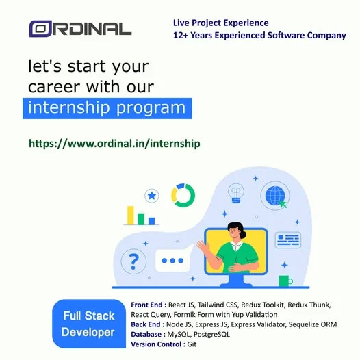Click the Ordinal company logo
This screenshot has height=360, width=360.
pos(80,29)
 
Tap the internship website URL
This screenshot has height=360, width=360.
pos(114,144)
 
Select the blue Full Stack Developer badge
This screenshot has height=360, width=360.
pos(89,324)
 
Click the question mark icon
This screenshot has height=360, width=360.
pos(133,261)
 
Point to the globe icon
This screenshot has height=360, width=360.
pos(275,196)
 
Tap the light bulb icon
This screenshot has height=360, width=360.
pos(236,193)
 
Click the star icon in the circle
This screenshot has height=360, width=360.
pos(151,196)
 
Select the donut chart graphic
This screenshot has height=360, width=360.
pos(183,195)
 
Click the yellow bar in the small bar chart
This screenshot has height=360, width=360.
pos(131,216)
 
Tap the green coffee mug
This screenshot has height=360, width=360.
pos(285,281)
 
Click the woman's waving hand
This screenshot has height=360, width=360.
pos(203,246)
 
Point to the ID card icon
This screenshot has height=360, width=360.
pos(288,240)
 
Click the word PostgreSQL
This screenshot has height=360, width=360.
pos(211,334)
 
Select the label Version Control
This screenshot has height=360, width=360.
pos(156,344)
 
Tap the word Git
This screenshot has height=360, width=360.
pos(192,344)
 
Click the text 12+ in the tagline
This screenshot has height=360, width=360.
pos(181,36)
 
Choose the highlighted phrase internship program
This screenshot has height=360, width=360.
pos(107,108)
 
